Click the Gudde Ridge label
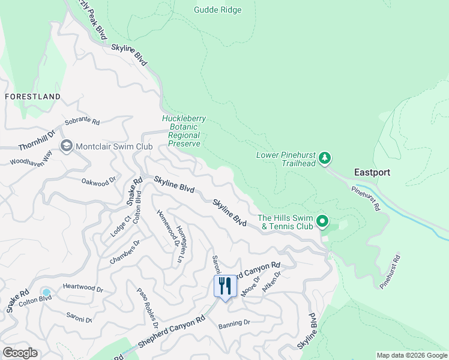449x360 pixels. [x=217, y=10]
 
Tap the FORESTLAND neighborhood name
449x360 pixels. [x=32, y=97]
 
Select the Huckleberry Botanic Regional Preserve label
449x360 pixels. [x=184, y=131]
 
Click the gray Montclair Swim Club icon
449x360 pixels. [x=66, y=146]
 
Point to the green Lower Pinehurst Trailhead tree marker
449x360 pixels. [x=325, y=158]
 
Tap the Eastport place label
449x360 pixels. [x=372, y=172]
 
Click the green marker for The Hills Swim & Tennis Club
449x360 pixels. [x=322, y=222]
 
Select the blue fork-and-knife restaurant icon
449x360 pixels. [x=226, y=285]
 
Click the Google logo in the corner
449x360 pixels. [x=20, y=353]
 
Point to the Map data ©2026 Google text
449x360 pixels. [x=412, y=355]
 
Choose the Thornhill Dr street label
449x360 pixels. [x=37, y=139]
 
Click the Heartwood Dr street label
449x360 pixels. [x=83, y=289]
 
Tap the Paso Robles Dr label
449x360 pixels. [x=146, y=307]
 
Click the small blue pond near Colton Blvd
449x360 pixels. [x=46, y=292]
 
